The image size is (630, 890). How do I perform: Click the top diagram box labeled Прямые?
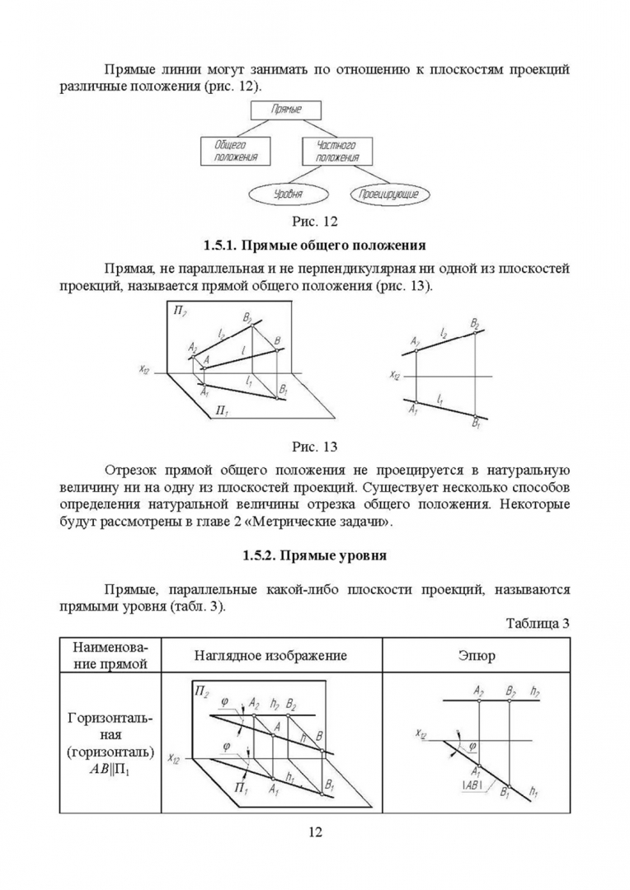284,110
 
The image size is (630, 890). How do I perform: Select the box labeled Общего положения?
231,150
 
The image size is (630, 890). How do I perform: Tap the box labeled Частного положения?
337,150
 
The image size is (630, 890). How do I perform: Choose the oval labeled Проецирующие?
385,194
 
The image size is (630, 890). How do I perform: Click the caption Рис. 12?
315,221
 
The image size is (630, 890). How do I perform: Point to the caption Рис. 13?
315,447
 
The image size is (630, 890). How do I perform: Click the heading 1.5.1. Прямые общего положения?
314,245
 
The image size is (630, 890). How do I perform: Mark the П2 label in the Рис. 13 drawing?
180,311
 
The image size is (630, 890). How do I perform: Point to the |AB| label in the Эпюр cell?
473,784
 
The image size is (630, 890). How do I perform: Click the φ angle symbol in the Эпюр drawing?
472,747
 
